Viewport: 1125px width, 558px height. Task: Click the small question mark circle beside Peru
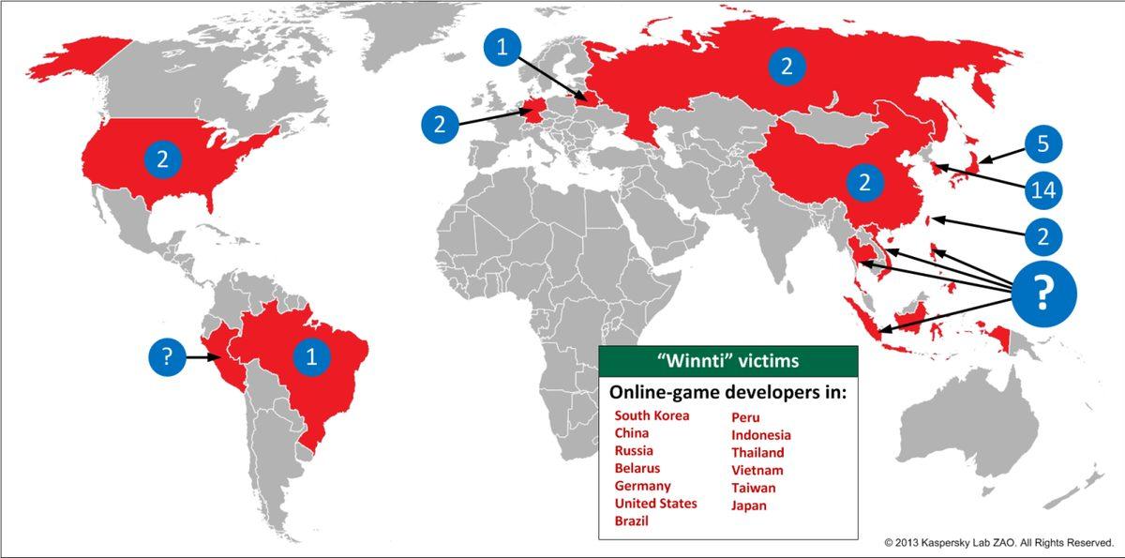(167, 357)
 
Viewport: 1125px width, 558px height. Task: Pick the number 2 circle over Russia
(786, 66)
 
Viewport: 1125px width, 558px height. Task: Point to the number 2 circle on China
(864, 182)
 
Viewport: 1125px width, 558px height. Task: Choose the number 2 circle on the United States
(162, 160)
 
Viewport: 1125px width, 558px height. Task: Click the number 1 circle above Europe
(502, 48)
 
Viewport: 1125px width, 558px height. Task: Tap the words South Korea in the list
(652, 415)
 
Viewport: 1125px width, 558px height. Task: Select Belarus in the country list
(637, 468)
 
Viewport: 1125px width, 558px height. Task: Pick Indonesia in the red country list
(761, 435)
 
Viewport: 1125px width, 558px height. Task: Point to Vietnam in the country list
(757, 470)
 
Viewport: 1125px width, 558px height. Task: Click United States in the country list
(655, 504)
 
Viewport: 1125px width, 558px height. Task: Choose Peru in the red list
(745, 415)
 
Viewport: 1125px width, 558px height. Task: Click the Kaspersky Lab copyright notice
(997, 543)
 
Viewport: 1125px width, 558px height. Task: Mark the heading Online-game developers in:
(727, 391)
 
